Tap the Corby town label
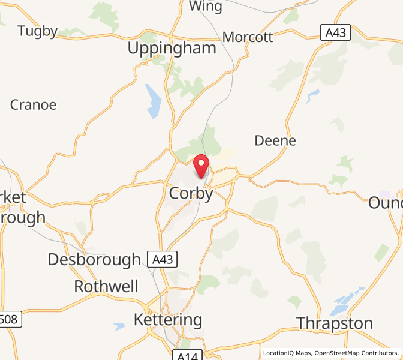point(191,194)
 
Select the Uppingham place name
point(172,49)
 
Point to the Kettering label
point(168,319)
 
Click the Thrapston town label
point(335,323)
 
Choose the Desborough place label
point(94,260)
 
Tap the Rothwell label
point(106,286)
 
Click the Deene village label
point(275,140)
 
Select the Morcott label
point(248,37)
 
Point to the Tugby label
point(38,31)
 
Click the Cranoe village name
point(34,105)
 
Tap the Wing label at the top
point(205,7)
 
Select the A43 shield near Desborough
point(163,260)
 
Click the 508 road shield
point(10,320)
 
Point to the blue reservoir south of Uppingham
point(154,101)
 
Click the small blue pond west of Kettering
point(119,327)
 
